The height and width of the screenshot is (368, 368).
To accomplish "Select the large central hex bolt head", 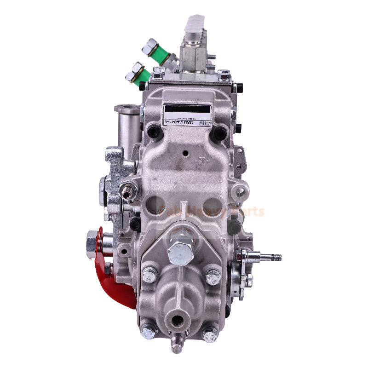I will pos(180,253).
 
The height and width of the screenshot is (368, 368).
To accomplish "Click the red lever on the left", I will pos(110,276).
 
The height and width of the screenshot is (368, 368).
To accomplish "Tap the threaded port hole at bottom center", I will pos(177,319).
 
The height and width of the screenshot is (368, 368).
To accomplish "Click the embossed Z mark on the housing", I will pos(201,161).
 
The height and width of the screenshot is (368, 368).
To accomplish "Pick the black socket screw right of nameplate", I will pos(219,133).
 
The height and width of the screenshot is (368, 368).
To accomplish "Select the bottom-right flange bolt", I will pos(210,334).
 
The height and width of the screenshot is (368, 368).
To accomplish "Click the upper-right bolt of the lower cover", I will pos(213,276).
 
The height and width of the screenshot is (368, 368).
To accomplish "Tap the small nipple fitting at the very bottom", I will pos(176,343).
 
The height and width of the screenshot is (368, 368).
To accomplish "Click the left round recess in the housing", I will pos(156,205).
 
